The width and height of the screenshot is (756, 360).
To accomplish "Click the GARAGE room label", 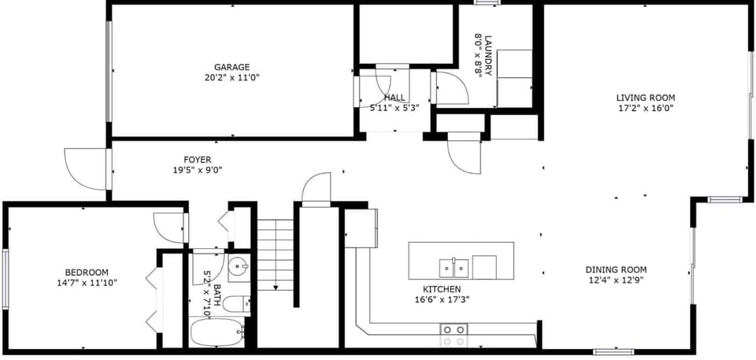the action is pos(232,67).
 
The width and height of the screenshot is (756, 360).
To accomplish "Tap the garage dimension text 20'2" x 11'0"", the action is pos(232,77).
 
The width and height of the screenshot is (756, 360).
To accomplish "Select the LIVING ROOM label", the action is pos(646,98).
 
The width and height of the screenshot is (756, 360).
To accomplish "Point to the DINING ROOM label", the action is pos(616,269).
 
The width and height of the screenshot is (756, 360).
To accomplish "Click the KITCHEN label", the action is pos(442,289).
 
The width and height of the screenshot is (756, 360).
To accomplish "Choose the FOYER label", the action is pos(197,159).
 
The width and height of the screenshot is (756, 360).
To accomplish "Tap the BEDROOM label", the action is pos(87,273).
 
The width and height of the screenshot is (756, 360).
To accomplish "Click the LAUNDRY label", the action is pos(488,55).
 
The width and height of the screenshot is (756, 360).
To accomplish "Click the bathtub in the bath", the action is pos(217,332).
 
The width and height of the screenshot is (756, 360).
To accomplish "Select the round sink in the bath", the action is pos(237,267).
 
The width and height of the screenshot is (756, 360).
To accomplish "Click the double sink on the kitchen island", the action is pos(454,268).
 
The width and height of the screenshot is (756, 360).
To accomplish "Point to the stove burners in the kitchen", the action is pos(454,330).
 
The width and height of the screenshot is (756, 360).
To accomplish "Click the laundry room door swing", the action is pos(452,87).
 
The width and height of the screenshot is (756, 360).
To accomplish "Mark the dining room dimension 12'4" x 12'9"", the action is pos(616,280).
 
